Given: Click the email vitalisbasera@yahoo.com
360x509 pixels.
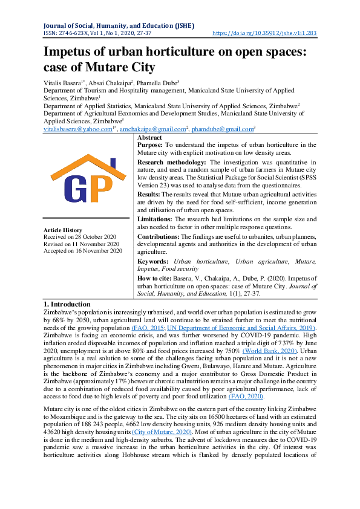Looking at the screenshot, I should (x=77, y=129).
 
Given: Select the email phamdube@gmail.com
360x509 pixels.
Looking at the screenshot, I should (x=226, y=129).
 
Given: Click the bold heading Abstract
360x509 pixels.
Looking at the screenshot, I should (x=150, y=138).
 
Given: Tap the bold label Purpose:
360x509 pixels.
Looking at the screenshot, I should (x=154, y=146).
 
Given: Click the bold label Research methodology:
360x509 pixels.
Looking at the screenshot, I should (x=173, y=163).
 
